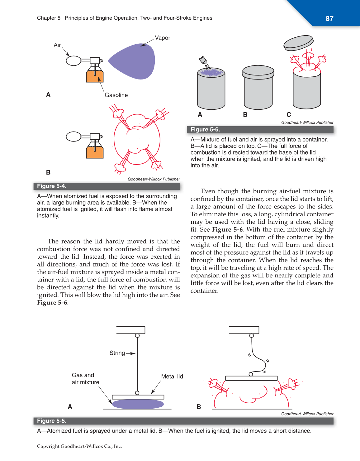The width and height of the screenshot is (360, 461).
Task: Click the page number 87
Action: point(329,19)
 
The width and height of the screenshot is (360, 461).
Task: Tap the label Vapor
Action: point(162,38)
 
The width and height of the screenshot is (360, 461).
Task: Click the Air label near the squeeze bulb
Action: point(57,45)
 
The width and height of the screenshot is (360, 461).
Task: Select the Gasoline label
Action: point(116,95)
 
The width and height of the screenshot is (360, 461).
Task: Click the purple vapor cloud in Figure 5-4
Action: point(134,61)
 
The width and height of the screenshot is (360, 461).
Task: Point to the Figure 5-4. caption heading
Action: point(52,186)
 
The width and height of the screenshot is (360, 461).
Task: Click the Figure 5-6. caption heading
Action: point(205,129)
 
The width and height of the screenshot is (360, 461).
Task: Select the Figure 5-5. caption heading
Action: point(52,421)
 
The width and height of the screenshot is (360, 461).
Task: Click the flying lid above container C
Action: point(298,43)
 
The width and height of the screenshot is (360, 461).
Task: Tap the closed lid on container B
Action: point(258,71)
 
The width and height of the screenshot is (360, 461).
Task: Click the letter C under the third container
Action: point(289,115)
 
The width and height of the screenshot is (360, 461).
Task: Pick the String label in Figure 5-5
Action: point(117,353)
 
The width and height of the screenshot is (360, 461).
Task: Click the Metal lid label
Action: point(172,377)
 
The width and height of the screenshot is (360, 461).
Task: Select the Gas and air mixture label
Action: point(85,379)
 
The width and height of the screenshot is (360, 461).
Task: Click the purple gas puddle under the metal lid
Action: point(138,404)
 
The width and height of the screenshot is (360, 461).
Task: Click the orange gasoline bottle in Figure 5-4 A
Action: point(95,76)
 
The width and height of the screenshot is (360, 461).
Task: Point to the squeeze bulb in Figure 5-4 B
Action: point(73,137)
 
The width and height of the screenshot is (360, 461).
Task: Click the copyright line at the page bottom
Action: point(79,446)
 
